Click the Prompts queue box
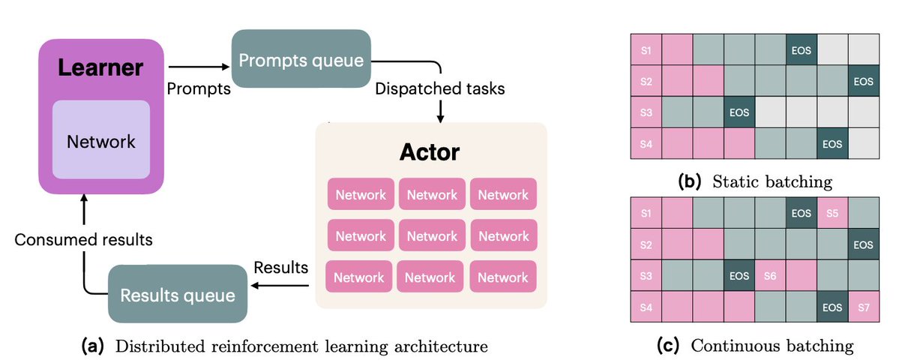(301, 58)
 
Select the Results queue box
(178, 294)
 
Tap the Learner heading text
(100, 68)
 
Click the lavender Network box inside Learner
(101, 139)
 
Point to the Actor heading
(430, 152)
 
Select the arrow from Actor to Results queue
(282, 286)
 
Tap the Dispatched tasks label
(440, 89)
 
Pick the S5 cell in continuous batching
(832, 213)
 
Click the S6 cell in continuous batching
(770, 275)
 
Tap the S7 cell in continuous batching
(864, 307)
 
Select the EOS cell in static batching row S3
(739, 112)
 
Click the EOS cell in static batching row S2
(864, 81)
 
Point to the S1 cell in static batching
(646, 50)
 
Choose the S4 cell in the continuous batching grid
(646, 307)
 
